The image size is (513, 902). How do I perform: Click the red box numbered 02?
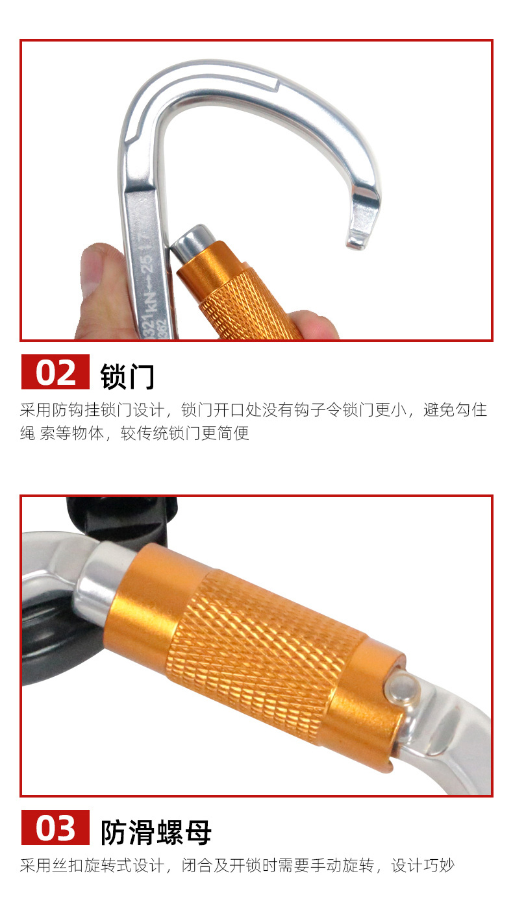coord(55,372)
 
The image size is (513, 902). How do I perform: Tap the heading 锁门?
coord(127,376)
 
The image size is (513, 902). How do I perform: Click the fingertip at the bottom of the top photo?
coord(314,324)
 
